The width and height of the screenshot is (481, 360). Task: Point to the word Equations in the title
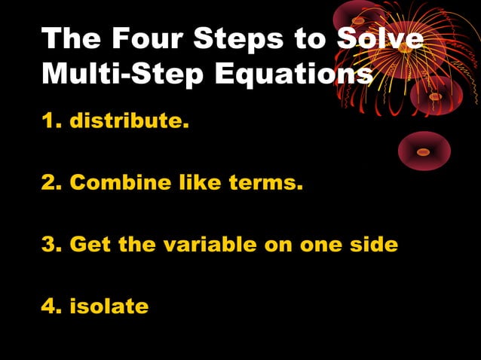point(293,74)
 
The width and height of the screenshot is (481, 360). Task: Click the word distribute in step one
point(129,121)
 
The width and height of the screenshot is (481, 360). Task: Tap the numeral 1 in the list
point(47,121)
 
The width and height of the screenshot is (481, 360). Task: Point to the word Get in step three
point(89,245)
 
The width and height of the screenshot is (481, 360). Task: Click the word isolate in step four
point(109,307)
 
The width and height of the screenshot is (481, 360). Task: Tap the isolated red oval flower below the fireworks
point(424,151)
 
